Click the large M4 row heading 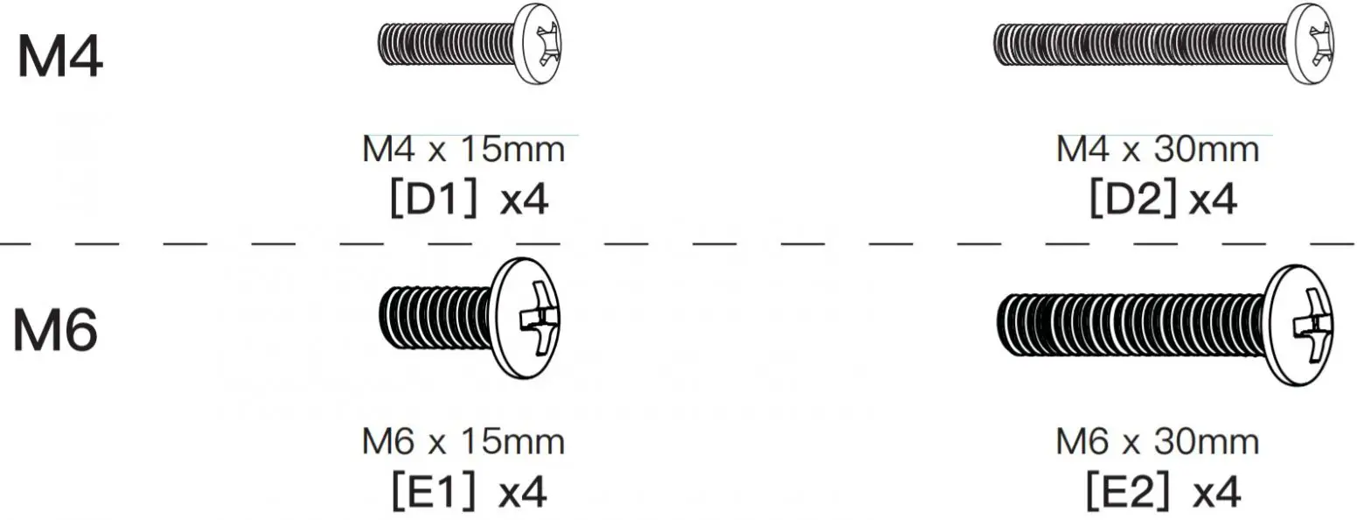pos(60,56)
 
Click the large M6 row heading pos(55,330)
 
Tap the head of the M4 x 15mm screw pos(537,44)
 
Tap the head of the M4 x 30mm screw pos(1310,44)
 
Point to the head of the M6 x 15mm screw pos(525,318)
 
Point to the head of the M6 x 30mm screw pos(1298,326)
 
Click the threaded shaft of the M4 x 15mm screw pos(446,44)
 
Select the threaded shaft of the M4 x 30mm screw pos(1139,44)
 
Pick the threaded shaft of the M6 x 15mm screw pos(435,318)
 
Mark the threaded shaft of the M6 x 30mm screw pos(1131,326)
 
